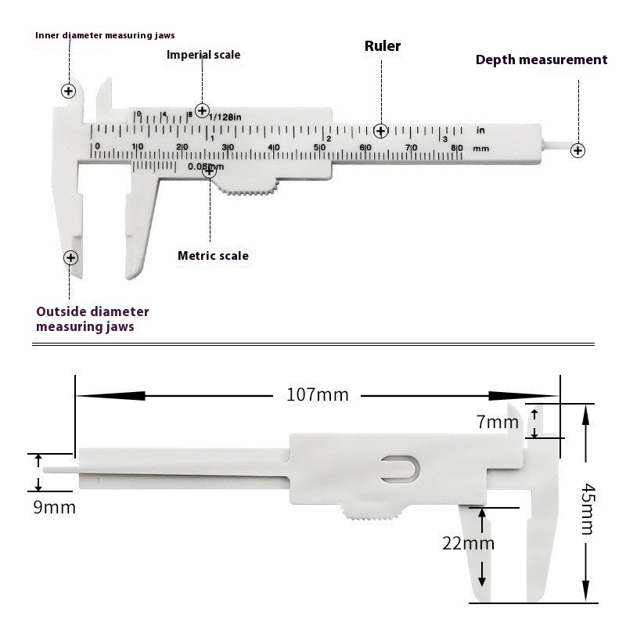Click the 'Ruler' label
click(383, 46)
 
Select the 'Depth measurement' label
click(541, 59)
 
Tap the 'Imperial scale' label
click(203, 55)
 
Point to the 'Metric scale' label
click(213, 256)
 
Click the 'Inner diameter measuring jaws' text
click(105, 35)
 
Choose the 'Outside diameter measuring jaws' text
click(92, 319)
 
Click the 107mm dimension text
click(317, 394)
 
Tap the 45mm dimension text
click(588, 509)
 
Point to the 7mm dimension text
click(498, 423)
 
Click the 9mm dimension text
click(55, 507)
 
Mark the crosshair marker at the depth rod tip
click(577, 150)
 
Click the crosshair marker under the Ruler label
click(381, 131)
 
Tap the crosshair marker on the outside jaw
click(70, 257)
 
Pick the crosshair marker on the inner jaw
click(69, 91)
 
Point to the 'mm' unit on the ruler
click(480, 148)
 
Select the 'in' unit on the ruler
click(480, 130)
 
